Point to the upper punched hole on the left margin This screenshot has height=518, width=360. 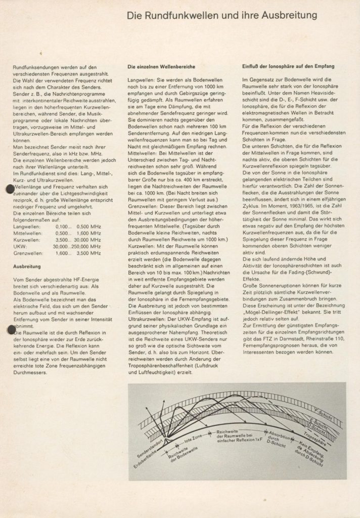click(9, 189)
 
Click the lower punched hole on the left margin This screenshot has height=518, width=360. click(9, 330)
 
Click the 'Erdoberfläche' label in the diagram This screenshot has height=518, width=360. click(142, 458)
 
